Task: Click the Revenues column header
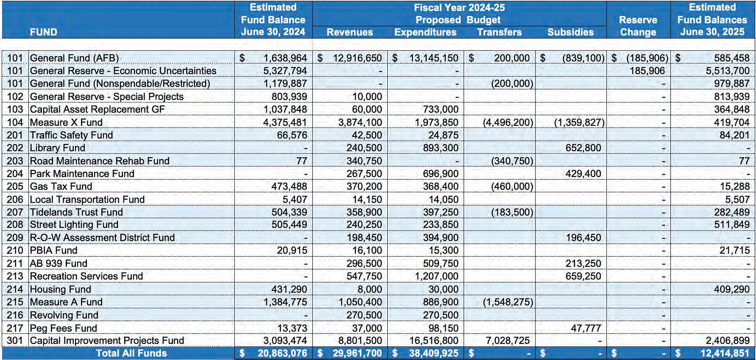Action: (x=350, y=32)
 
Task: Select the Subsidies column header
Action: (x=570, y=32)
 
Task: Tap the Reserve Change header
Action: (x=638, y=26)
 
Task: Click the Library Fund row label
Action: (x=58, y=148)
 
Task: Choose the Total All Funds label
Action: (x=131, y=353)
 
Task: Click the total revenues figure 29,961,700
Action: (x=357, y=353)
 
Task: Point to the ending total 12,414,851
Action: (x=725, y=353)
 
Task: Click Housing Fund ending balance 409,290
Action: (x=732, y=289)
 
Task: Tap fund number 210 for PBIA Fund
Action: (x=15, y=250)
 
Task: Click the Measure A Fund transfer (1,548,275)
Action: (x=508, y=302)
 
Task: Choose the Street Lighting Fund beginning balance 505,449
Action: (x=289, y=224)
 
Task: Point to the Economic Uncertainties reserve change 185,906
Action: (x=647, y=71)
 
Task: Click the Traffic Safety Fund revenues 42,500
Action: (x=367, y=135)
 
